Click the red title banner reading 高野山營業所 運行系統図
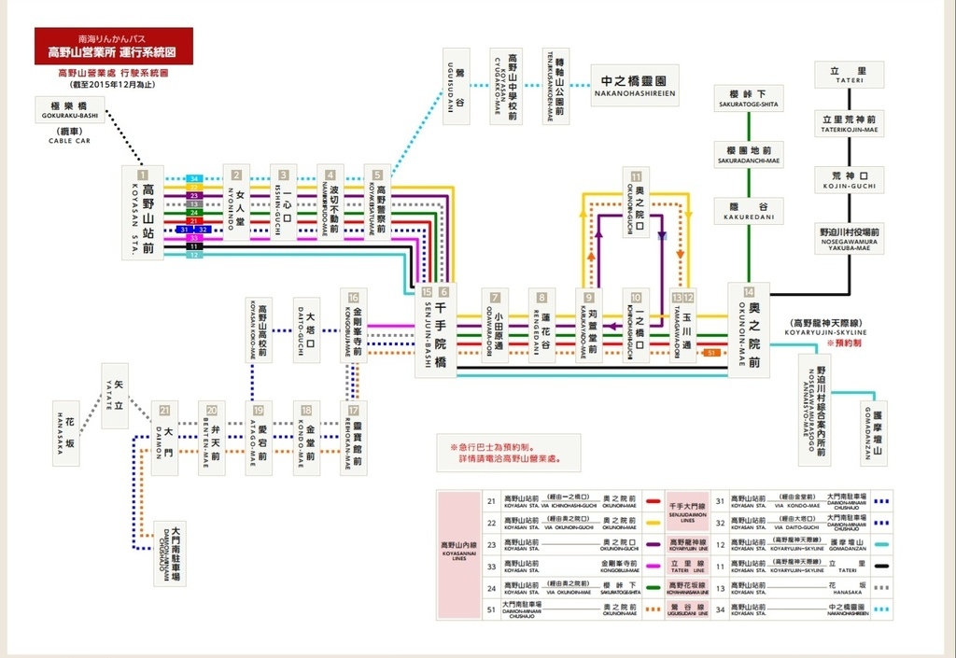[113, 46]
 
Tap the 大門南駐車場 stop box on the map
[170, 553]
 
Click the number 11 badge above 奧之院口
[637, 175]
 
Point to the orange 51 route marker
[711, 353]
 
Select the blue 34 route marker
[194, 178]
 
